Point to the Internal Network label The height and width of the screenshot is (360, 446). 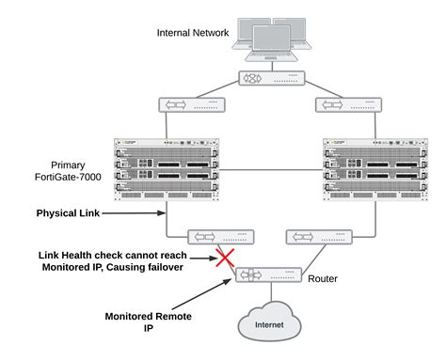pyautogui.click(x=194, y=35)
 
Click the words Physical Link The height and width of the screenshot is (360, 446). pyautogui.click(x=68, y=213)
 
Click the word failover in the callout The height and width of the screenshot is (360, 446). pyautogui.click(x=161, y=268)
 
